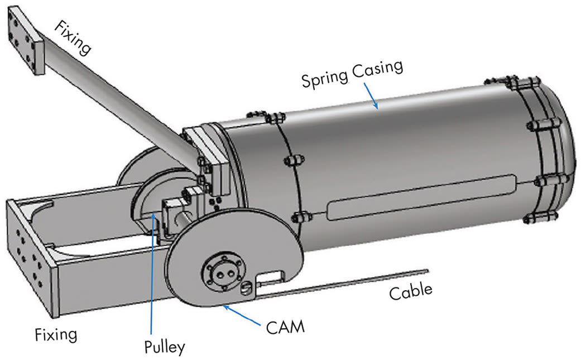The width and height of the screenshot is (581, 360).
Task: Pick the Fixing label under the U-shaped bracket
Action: click(x=55, y=335)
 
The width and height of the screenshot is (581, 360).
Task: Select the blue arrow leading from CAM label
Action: click(x=246, y=314)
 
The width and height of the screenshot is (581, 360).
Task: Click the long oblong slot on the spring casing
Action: click(x=421, y=196)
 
